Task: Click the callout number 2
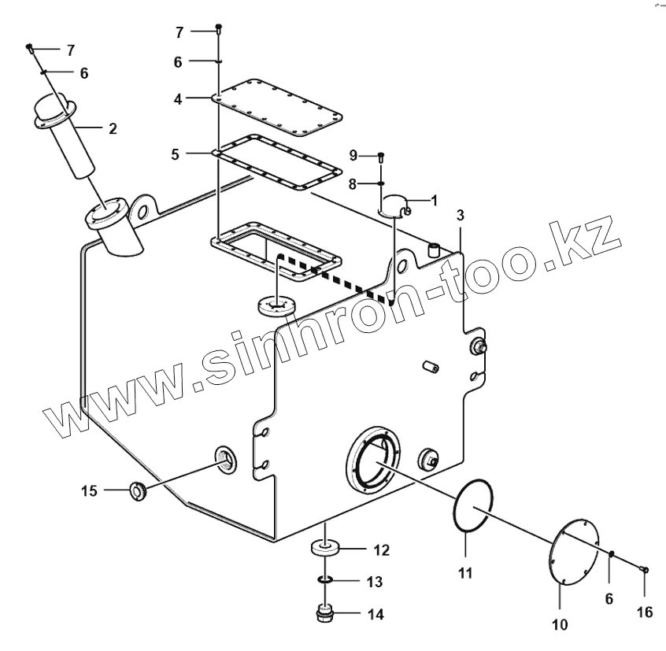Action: [113, 128]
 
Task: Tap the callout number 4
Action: [178, 99]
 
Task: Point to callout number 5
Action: [175, 154]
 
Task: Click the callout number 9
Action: [353, 155]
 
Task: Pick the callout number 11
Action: [465, 574]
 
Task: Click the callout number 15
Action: [89, 491]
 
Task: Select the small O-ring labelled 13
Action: [324, 581]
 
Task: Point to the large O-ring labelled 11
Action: [474, 507]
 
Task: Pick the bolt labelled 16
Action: [645, 570]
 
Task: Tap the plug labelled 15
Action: [138, 493]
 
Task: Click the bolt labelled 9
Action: [381, 157]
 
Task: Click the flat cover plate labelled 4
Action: [279, 107]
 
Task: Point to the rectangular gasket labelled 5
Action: [279, 161]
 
